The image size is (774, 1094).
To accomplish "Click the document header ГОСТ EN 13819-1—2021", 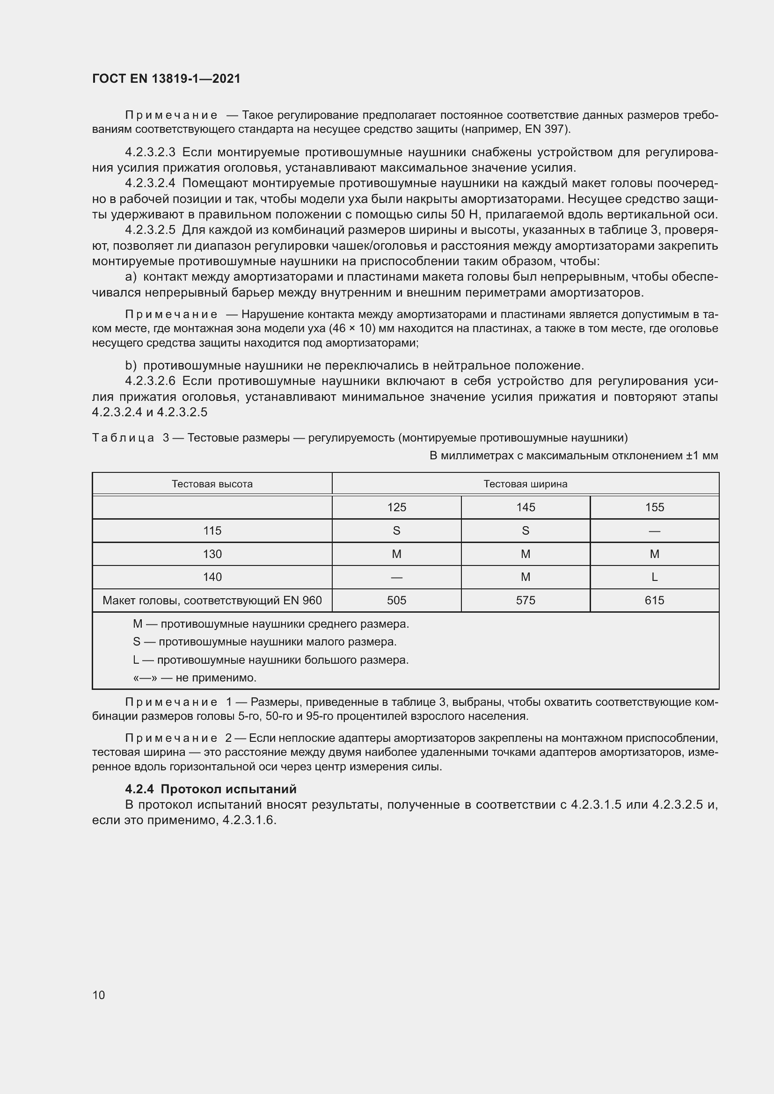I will coord(166,79).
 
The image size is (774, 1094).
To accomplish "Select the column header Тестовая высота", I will coord(212,484).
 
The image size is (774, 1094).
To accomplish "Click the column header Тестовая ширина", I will coord(525,484).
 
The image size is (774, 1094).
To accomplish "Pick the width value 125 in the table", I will coord(396,507).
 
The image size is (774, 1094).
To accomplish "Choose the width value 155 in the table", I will coord(654,507).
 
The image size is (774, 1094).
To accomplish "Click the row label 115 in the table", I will coord(212,531).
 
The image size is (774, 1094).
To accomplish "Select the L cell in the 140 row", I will coord(654,577).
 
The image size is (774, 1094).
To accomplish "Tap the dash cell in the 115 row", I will coord(654,531).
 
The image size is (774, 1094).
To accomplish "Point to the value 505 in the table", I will coord(396,601).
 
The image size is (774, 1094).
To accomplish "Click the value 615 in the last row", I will coord(654,601).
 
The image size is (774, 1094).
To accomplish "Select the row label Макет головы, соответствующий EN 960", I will coord(212,601).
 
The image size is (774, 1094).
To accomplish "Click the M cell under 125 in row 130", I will coord(396,554).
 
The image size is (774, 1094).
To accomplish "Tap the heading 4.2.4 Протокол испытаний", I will coord(211,789).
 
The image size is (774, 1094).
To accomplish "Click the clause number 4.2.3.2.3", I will coord(150,152).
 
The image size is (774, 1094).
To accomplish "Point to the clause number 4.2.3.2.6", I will coord(150,381).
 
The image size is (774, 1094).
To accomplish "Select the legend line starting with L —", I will coord(270,660).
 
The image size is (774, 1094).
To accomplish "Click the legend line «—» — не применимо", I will coord(195,678).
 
